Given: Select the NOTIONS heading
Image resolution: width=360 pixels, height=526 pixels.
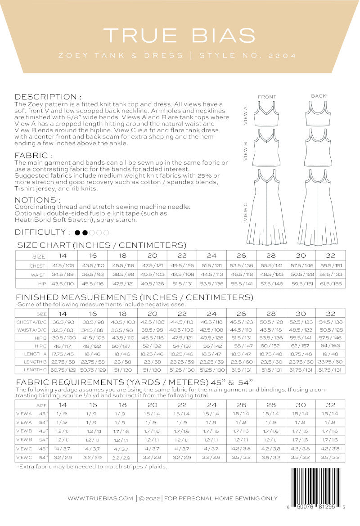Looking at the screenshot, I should (x=38, y=200).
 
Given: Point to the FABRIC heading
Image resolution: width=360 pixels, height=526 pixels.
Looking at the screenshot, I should (x=34, y=155).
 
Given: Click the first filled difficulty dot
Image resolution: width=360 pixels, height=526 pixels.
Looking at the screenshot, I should (x=77, y=233).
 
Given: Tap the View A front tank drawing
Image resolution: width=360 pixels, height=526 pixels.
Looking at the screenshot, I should (x=267, y=115).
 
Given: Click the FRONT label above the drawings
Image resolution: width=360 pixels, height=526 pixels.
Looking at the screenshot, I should (x=267, y=97).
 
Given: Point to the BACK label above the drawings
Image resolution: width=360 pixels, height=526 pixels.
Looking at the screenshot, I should (x=319, y=96).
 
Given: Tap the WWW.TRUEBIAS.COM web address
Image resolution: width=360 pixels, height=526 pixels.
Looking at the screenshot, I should (x=100, y=499).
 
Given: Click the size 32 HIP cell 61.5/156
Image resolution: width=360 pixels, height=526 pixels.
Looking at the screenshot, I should (x=331, y=283).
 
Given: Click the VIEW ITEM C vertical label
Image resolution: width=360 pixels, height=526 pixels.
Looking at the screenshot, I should (x=245, y=211).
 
